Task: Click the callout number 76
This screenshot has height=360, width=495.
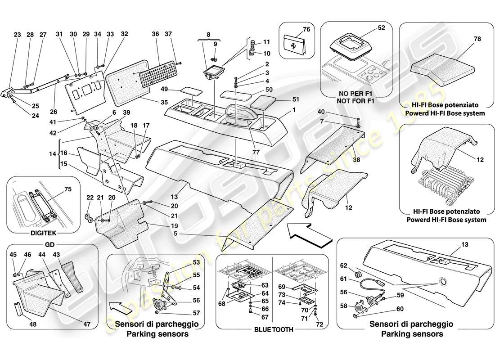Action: (x=306, y=30)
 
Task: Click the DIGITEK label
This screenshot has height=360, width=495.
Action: (x=43, y=234)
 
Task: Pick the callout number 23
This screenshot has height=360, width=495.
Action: (x=18, y=35)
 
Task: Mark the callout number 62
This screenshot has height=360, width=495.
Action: (x=343, y=265)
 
